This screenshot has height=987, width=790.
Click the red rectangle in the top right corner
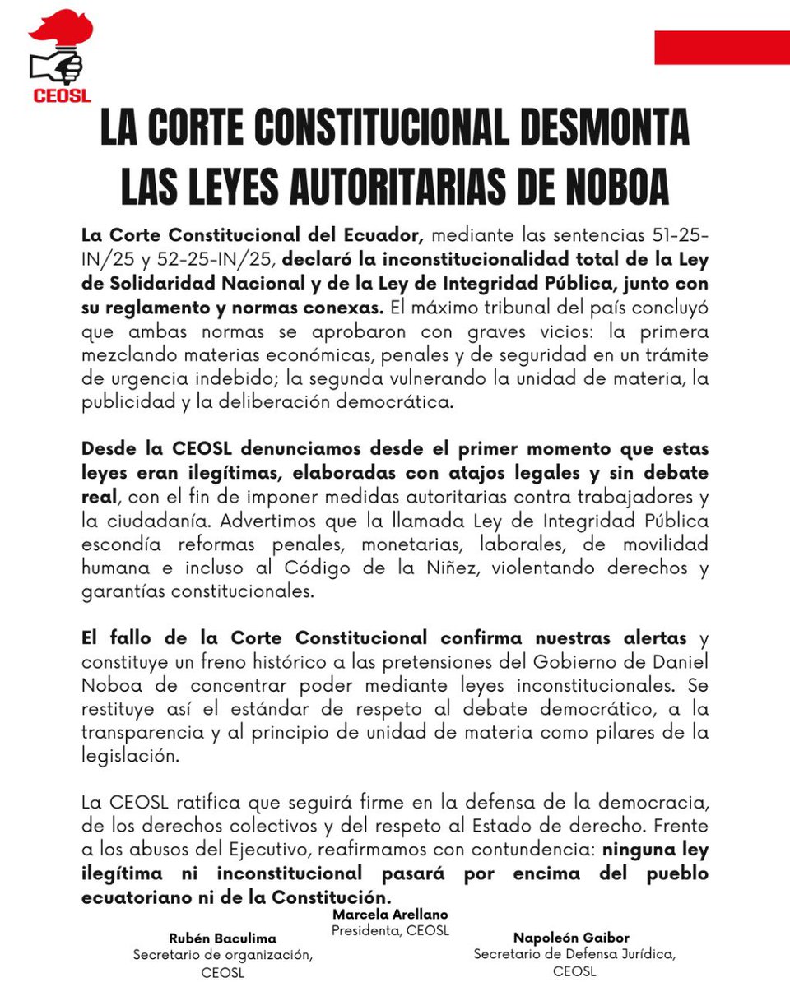pos(722,47)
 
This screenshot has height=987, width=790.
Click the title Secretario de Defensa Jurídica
pos(574,954)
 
